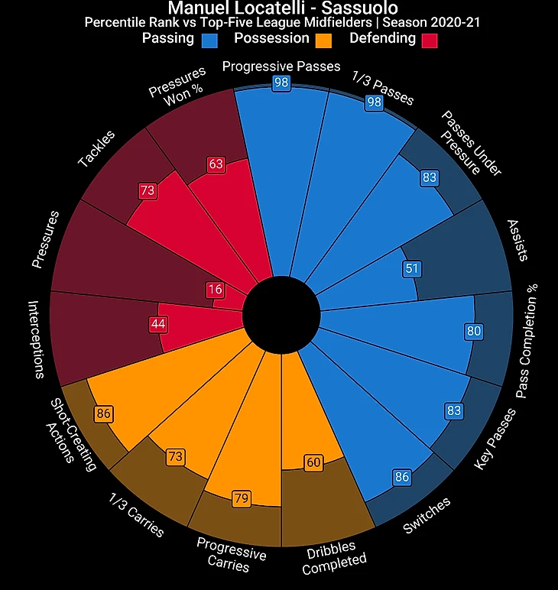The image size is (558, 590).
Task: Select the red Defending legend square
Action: click(x=428, y=41)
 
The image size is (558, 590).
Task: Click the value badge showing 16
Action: click(x=216, y=290)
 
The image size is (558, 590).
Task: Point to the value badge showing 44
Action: click(x=158, y=324)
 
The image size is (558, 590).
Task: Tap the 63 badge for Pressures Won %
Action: click(x=216, y=164)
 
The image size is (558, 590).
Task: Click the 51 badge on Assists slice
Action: click(x=412, y=268)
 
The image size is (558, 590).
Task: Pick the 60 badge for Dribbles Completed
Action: click(x=313, y=462)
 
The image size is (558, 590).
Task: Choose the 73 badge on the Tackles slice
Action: click(x=148, y=190)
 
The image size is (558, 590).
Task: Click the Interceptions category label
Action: click(x=35, y=339)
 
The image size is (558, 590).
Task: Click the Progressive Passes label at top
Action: click(x=281, y=66)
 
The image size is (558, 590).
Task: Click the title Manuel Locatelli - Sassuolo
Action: click(x=281, y=8)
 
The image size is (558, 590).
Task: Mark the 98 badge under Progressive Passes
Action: click(x=281, y=83)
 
